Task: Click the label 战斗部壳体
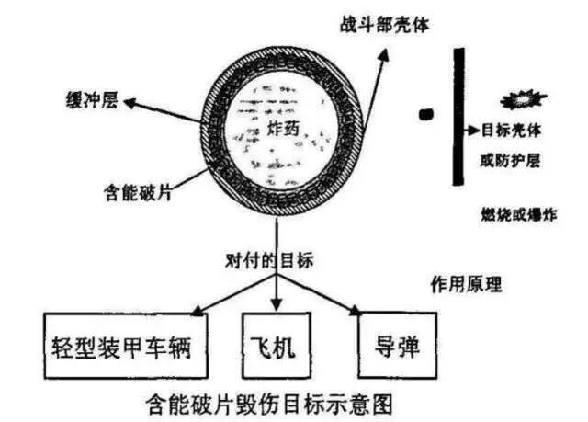pos(384,25)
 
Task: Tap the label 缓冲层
pos(92,100)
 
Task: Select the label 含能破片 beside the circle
pos(138,193)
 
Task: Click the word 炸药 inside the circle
pos(283,129)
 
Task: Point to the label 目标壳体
pos(511,131)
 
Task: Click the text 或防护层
pos(510,161)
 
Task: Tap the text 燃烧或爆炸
pos(518,214)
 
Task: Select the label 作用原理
pos(466,284)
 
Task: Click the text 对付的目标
pos(269,260)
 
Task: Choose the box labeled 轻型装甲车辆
pos(126,346)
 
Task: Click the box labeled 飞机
pos(277,346)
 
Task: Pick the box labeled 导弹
pos(398,345)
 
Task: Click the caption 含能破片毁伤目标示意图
pos(270,405)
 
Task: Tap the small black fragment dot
pos(426,114)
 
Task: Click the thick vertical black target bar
pos(458,116)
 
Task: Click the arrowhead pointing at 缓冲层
pos(130,103)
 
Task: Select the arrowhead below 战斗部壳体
pos(382,55)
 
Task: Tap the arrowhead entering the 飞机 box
pos(277,303)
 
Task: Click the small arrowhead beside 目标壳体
pos(474,131)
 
